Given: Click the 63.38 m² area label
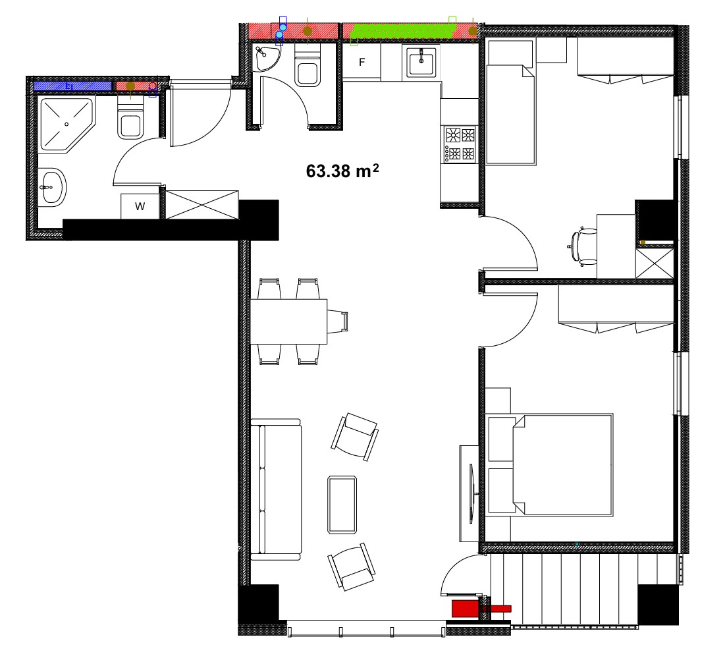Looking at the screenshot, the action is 342,171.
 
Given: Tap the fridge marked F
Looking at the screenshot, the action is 361,62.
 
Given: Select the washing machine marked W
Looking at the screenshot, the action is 140,206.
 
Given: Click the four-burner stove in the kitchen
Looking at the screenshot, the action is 460,144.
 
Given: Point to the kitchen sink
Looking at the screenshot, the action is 421,63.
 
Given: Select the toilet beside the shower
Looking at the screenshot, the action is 130,120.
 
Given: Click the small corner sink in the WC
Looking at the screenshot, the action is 266,58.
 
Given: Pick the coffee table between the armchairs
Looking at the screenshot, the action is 342,505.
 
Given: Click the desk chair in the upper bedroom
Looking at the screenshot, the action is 583,246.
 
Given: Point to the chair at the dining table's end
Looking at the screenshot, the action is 338,321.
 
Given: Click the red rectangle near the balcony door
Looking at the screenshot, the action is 464,608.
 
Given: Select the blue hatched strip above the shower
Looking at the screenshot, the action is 72,86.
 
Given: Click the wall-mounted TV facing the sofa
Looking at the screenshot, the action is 473,493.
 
